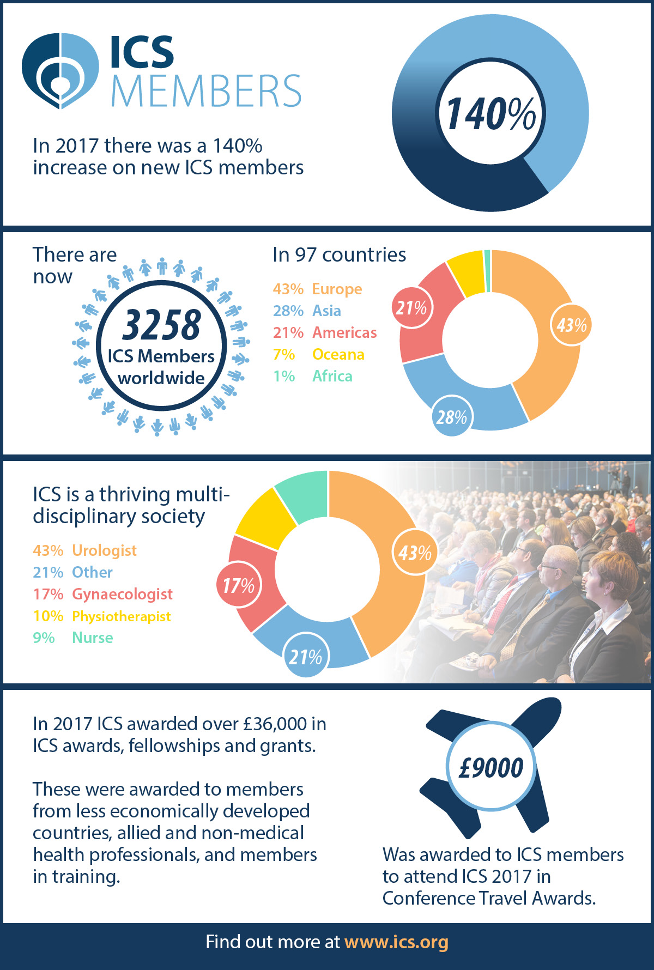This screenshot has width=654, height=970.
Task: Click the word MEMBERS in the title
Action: pyautogui.click(x=206, y=91)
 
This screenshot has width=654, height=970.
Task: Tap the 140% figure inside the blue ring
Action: pyautogui.click(x=491, y=114)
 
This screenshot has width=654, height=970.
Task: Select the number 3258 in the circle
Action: pyautogui.click(x=161, y=325)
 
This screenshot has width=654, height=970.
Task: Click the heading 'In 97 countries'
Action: pyautogui.click(x=339, y=254)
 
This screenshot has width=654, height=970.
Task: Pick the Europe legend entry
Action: pyautogui.click(x=317, y=289)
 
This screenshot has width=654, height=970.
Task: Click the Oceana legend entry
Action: pyautogui.click(x=318, y=354)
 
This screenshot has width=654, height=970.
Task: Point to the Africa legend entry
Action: pyautogui.click(x=312, y=376)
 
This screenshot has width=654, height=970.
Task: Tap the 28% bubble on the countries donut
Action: pyautogui.click(x=451, y=417)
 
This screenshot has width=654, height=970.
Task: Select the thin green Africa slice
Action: pyautogui.click(x=487, y=270)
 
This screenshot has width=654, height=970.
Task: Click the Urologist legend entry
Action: pyautogui.click(x=84, y=550)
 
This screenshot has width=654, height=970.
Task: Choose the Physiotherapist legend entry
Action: pyautogui.click(x=102, y=616)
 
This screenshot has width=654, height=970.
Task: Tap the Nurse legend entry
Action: pyautogui.click(x=73, y=638)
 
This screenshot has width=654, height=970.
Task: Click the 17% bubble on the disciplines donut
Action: pyautogui.click(x=238, y=585)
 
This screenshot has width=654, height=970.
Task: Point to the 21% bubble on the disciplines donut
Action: pyautogui.click(x=305, y=657)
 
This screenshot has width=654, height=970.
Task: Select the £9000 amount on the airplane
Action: pyautogui.click(x=491, y=767)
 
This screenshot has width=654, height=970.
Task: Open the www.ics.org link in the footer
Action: pyautogui.click(x=396, y=942)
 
